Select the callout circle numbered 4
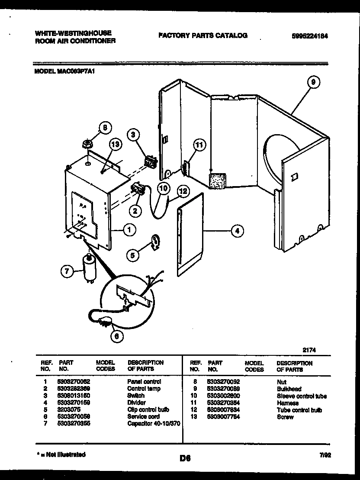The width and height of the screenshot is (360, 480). [236, 231]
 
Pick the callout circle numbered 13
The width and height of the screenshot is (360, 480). [114, 146]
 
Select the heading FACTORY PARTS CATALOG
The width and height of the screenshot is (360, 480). [203, 35]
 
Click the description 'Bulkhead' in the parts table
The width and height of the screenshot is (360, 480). [289, 389]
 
